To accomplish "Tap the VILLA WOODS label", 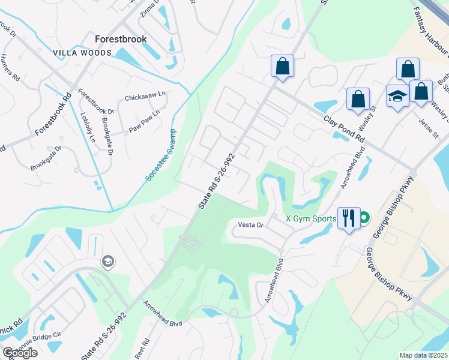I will (x=82, y=53).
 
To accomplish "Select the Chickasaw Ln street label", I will (x=144, y=98).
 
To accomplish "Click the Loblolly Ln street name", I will (x=88, y=127).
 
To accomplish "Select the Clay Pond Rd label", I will (x=345, y=129).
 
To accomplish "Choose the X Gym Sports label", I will (x=310, y=218).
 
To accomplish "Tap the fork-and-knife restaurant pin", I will (x=349, y=217).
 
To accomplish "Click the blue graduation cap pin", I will (x=397, y=95).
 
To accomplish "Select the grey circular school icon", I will (x=107, y=261).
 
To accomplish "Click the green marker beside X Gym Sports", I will (x=364, y=218).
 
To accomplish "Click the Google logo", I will (x=20, y=352).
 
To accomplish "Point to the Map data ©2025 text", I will (x=423, y=355).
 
